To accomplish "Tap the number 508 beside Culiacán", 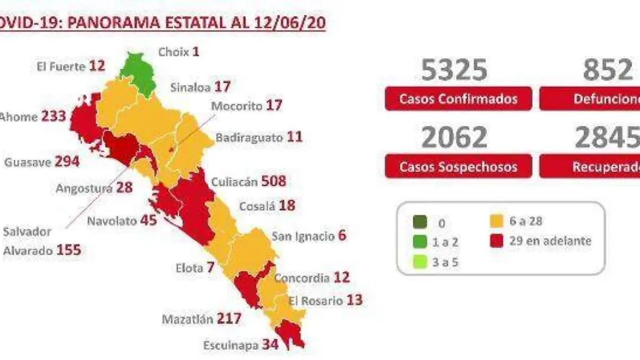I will [x=274, y=181].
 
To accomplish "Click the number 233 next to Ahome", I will [x=54, y=116].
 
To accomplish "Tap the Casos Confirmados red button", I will [x=458, y=99].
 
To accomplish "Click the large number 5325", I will [x=454, y=70].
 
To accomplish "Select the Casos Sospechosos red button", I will [x=458, y=166].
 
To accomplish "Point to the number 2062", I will [x=454, y=137].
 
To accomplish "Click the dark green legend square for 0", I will [x=420, y=221].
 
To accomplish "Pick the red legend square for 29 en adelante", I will [x=497, y=241].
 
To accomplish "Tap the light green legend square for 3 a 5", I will [x=420, y=261].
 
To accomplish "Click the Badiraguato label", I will [x=249, y=138].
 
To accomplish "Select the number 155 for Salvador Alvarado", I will [x=69, y=250].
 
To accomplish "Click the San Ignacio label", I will [x=302, y=236].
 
